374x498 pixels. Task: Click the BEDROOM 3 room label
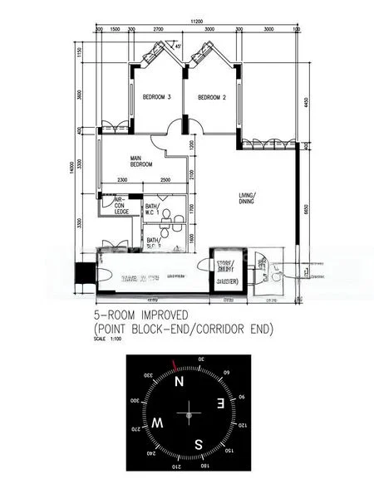[x=156, y=97]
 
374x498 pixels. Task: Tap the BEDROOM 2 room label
[x=212, y=97]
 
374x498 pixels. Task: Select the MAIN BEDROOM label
[x=140, y=161]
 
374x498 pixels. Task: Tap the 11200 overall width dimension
[x=196, y=21]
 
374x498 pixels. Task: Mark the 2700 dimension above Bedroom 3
[x=158, y=29]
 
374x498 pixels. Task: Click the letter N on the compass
[x=179, y=382]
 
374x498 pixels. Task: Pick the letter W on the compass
[x=158, y=423]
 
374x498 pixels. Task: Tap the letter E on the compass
[x=219, y=403]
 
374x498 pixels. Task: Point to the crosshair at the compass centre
[x=189, y=413]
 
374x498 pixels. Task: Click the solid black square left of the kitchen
[x=85, y=272]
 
